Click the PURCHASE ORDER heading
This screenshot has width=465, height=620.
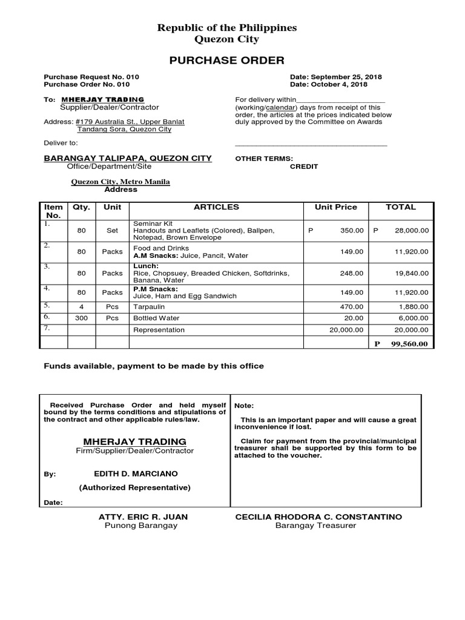click(x=226, y=60)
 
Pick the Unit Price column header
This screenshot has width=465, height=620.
click(x=336, y=207)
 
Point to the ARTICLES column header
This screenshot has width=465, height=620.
click(x=216, y=207)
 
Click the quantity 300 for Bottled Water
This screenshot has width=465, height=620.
click(x=81, y=318)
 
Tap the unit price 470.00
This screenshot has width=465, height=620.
click(x=352, y=307)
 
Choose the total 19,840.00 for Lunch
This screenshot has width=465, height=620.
click(x=411, y=273)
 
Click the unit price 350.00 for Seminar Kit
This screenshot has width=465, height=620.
click(x=352, y=231)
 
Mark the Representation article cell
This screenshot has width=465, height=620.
click(x=159, y=330)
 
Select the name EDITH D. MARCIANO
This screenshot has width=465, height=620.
click(x=136, y=473)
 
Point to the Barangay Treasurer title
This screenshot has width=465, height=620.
click(x=315, y=526)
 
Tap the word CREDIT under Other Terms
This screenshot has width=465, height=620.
click(x=304, y=167)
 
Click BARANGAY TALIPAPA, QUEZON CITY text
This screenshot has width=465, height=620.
click(x=128, y=158)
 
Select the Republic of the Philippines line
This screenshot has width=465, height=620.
click(x=227, y=28)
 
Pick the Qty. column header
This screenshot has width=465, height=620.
click(x=81, y=207)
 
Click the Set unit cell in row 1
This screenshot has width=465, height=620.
click(x=112, y=231)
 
